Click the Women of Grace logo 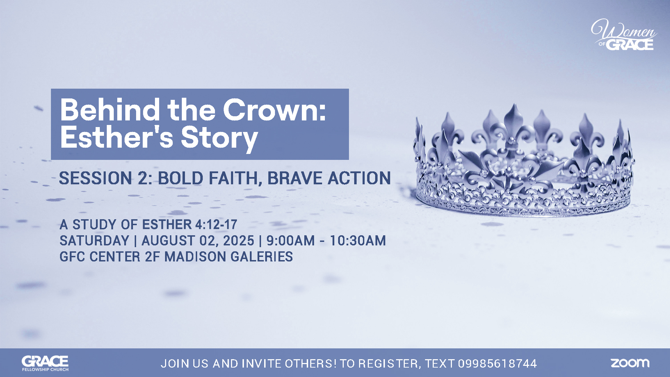(624, 35)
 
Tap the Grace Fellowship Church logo (45, 363)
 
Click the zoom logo (630, 363)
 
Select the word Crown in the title (274, 110)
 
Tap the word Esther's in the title (117, 137)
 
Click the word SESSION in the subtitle (95, 178)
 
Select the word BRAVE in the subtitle (295, 178)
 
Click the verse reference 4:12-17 (216, 224)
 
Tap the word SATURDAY (94, 241)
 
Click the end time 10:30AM (358, 241)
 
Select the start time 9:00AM (291, 241)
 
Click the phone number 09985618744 (497, 363)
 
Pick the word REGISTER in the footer (388, 364)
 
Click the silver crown (523, 161)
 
